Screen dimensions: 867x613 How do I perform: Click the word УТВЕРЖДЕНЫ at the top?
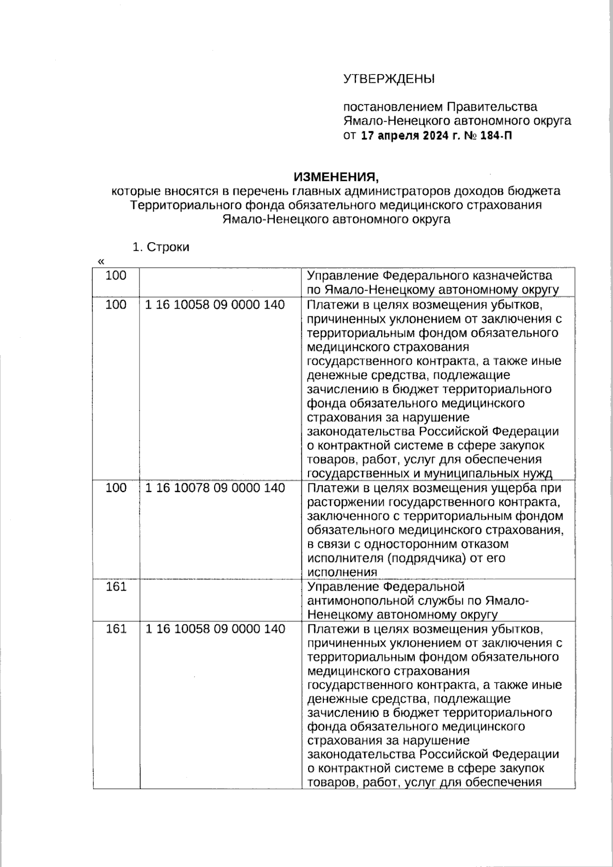[x=389, y=79]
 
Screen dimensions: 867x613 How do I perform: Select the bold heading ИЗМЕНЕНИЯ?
[x=337, y=177]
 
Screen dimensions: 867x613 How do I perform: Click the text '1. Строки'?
[x=160, y=247]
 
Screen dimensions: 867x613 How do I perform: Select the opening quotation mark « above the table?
[x=101, y=262]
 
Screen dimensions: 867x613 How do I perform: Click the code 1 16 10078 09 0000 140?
[x=215, y=488]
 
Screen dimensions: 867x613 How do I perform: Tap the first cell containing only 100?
[x=115, y=276]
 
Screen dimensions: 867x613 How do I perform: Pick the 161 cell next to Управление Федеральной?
[x=115, y=587]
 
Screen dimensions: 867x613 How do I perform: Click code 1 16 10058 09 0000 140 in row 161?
[x=215, y=629]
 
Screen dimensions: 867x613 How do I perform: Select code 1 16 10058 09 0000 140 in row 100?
[x=215, y=305]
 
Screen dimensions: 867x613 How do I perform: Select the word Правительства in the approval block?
[x=492, y=107]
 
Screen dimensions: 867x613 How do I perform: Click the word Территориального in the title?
[x=182, y=205]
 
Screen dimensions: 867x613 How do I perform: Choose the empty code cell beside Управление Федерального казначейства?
[x=220, y=282]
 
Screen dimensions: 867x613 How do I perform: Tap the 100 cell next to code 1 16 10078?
[x=115, y=488]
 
